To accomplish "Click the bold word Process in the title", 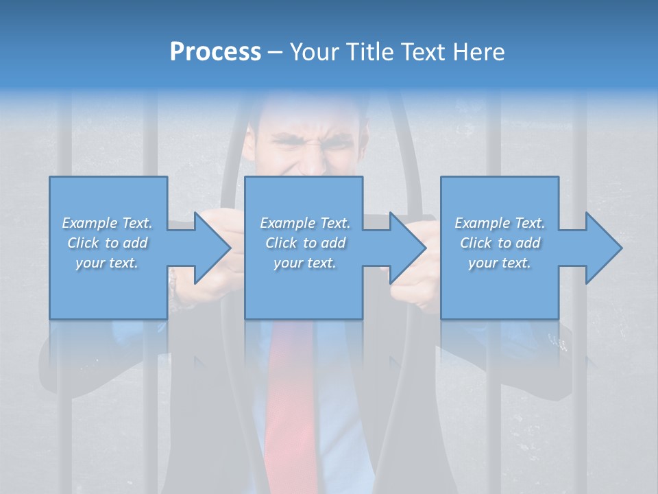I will pos(215,52).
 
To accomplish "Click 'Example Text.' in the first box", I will pos(107,223).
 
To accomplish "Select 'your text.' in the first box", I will pos(107,263).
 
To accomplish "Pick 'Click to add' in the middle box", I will pos(305,243).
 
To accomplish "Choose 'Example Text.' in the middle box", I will pos(305,223).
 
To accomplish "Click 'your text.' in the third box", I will pos(500,263).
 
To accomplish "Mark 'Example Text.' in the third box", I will pos(500,223).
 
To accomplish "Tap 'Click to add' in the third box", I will pos(500,243).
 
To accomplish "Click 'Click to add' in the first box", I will pos(107,243).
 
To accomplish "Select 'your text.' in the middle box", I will pos(305,263).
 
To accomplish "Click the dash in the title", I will pos(276,53).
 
